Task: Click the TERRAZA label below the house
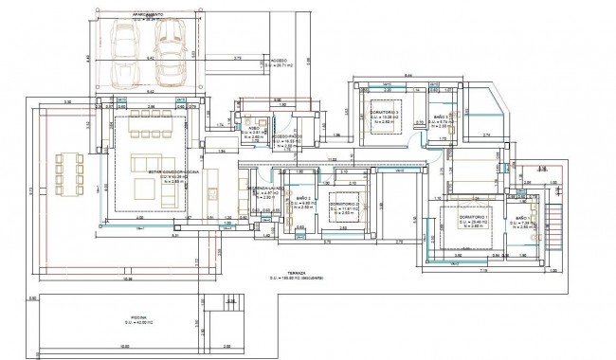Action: pyautogui.click(x=285, y=272)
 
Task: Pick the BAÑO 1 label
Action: pyautogui.click(x=524, y=220)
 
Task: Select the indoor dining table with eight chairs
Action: pyautogui.click(x=147, y=122)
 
